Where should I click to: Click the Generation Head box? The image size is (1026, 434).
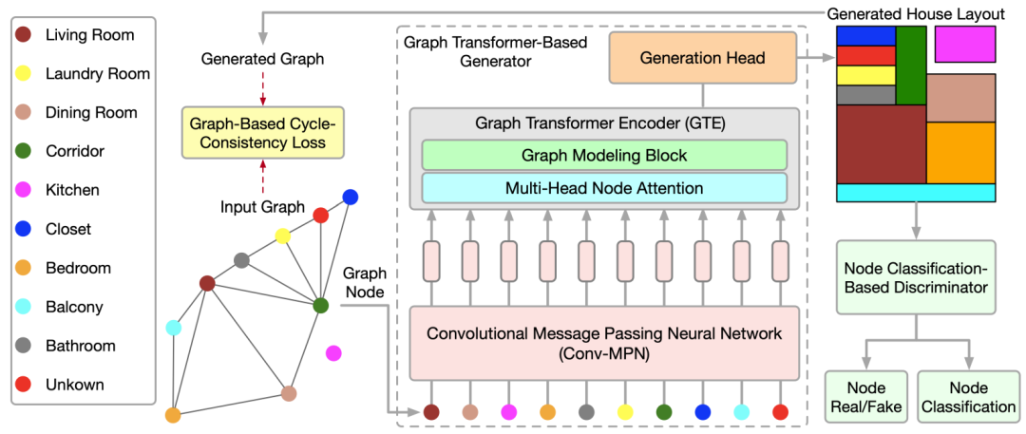[x=702, y=58]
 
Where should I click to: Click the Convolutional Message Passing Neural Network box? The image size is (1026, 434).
[x=603, y=343]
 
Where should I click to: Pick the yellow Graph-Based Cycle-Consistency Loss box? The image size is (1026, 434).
[x=262, y=133]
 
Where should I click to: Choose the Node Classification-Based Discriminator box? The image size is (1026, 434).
[x=915, y=276]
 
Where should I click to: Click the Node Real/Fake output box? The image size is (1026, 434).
[x=864, y=397]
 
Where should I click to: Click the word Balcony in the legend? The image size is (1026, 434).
[x=74, y=307]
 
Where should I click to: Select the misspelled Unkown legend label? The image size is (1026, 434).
[x=75, y=385]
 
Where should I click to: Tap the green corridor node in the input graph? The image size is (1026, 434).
[x=320, y=306]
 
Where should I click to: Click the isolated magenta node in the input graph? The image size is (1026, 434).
[x=333, y=353]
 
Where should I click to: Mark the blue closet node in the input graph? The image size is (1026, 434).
[x=351, y=197]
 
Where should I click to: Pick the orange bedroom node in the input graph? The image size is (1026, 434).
[x=173, y=415]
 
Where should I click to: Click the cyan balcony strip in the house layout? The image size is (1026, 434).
[x=915, y=192]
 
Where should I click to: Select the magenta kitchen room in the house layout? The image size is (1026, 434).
[x=964, y=44]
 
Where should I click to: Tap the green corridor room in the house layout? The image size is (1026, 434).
[x=910, y=65]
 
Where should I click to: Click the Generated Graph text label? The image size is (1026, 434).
[x=262, y=59]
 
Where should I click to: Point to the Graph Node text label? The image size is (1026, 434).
[x=365, y=282]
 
